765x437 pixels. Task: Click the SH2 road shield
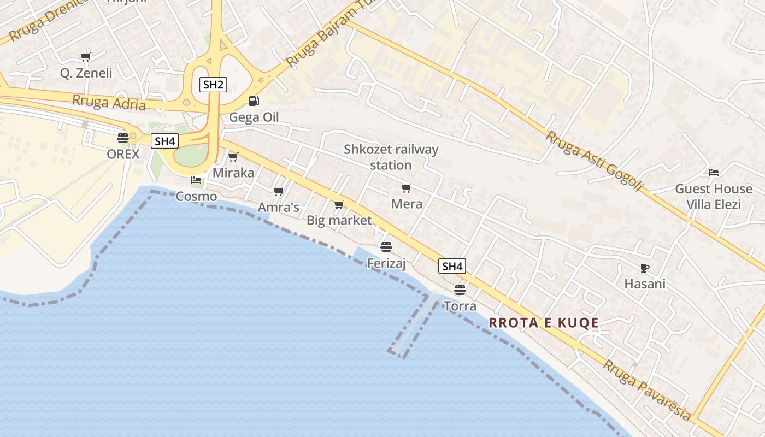point(213,85)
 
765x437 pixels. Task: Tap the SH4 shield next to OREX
point(164,141)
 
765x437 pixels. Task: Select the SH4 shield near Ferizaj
point(452,267)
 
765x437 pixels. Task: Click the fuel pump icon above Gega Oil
point(254,101)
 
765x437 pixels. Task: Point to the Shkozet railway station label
point(391,157)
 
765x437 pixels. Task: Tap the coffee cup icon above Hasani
point(645,268)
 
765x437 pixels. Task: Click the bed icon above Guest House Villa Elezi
point(714,173)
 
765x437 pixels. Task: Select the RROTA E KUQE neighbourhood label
point(544,323)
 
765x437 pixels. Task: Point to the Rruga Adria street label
point(109,102)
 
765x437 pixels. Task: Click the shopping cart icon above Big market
point(339,205)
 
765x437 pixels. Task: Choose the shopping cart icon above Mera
point(406,188)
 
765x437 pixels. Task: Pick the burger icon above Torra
point(460,290)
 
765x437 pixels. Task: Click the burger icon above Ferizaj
point(386,247)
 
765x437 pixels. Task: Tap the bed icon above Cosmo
point(196,180)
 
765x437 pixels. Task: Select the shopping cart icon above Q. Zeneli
point(85,57)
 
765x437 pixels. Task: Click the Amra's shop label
point(279,208)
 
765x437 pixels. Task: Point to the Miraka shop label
point(233,173)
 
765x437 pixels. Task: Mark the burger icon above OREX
point(123,138)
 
